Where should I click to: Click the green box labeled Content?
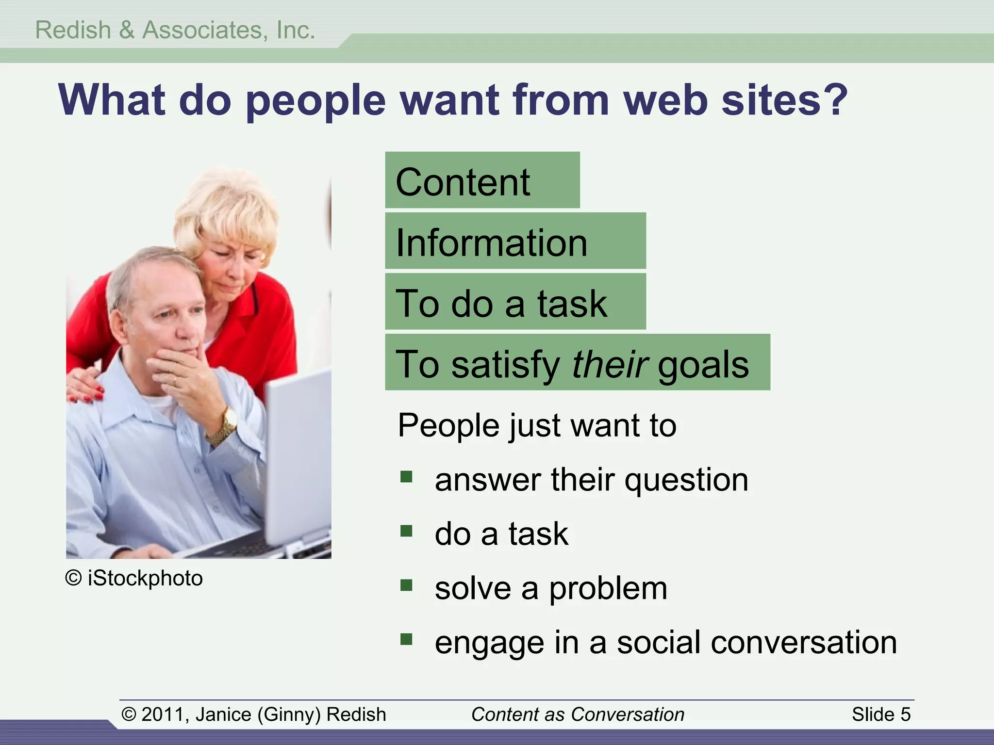482,180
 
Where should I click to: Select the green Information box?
515,241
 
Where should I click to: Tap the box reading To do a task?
515,302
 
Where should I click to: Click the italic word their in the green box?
610,364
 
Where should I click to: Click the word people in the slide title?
315,101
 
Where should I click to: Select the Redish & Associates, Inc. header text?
175,30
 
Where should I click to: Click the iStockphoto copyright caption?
134,578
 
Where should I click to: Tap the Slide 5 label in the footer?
881,714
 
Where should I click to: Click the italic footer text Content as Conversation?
578,714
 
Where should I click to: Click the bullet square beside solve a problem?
406,585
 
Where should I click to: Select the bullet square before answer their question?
406,477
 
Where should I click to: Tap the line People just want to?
537,425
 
